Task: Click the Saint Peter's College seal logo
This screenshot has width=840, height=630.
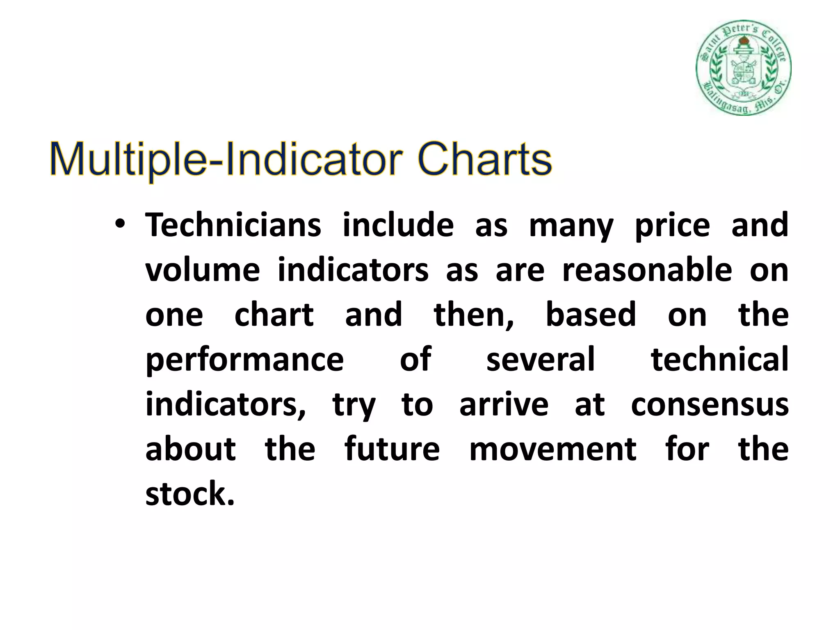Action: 743,68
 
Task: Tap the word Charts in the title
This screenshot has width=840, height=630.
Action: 485,159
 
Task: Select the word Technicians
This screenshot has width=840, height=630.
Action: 233,225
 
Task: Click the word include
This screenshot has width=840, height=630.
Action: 398,225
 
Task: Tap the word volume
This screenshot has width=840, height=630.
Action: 203,270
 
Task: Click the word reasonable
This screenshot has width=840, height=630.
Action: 647,270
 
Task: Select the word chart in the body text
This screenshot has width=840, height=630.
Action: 274,315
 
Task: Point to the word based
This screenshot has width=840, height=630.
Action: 591,315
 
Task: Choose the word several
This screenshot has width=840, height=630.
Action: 540,359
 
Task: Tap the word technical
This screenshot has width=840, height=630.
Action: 720,359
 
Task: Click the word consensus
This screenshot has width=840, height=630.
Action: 710,405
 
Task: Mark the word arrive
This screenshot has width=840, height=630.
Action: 504,405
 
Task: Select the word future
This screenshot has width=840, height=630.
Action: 392,449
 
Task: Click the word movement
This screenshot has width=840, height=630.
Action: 552,449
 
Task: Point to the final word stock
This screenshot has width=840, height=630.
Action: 190,493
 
